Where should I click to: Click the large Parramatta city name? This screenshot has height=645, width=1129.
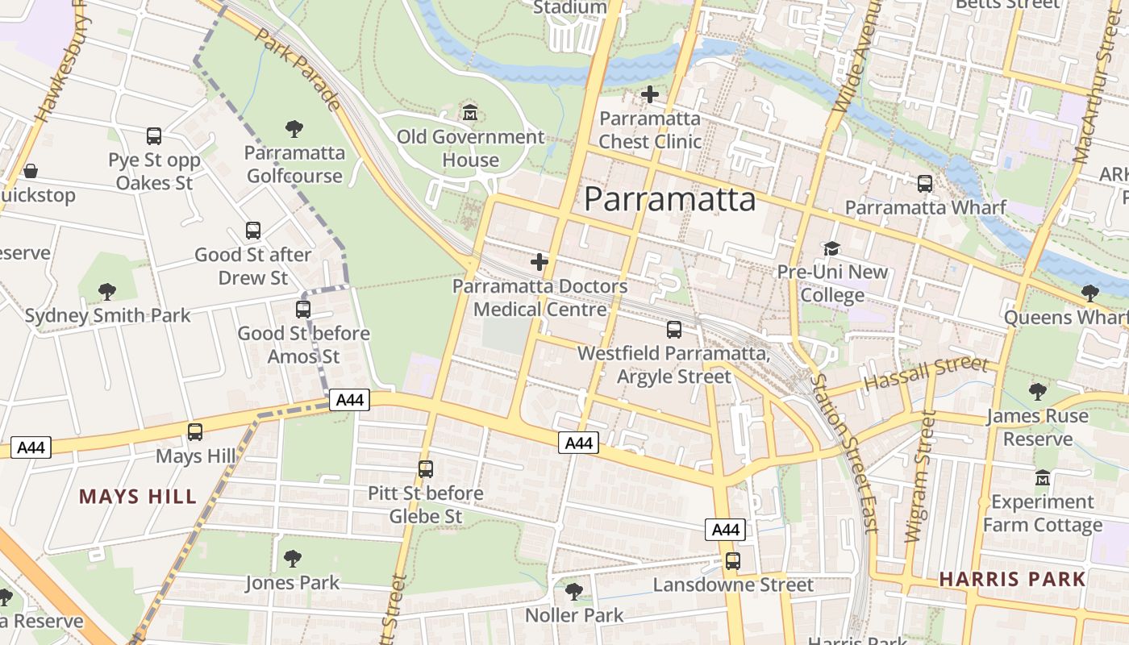coord(669,199)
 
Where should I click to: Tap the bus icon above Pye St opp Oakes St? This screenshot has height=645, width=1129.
coord(154,136)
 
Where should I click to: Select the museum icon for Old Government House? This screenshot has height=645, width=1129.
coord(470,113)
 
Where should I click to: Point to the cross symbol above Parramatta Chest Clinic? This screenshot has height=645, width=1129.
coord(649,95)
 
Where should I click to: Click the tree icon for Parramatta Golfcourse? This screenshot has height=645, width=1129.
coord(294,128)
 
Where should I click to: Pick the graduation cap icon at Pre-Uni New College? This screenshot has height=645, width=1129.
coord(831,248)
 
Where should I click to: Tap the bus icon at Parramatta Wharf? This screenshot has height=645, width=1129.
coord(925,184)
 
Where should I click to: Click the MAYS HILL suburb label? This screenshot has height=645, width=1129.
coord(138,497)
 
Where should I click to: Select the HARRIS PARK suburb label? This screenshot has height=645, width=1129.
coord(1012,579)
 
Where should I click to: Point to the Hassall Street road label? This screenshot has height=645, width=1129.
coord(926,374)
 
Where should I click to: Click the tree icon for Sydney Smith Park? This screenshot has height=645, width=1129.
coord(106,291)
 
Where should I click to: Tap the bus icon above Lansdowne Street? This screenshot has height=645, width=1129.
coord(732,561)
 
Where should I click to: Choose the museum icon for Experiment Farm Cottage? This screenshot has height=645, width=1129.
coord(1042,478)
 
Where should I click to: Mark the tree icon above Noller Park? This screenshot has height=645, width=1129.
coord(573,592)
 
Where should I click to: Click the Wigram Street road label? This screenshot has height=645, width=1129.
coord(919,476)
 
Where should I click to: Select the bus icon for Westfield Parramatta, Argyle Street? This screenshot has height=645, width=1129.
coord(673,329)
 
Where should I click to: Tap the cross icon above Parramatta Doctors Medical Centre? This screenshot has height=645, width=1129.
coord(540,262)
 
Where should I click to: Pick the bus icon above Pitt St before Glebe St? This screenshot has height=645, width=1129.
coord(425,469)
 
